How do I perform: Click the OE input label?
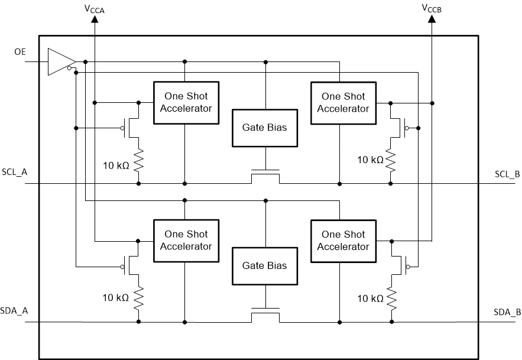point(20,53)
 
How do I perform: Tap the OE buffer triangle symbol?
point(60,61)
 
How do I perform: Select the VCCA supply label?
point(95,9)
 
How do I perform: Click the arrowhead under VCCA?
point(95,20)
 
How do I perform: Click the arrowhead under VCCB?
point(432,20)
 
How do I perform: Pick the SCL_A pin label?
point(15,171)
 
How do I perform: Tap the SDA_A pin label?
point(15,311)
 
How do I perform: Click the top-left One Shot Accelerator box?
point(186,102)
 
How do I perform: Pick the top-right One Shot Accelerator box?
point(343,102)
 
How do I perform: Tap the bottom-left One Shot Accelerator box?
point(186,241)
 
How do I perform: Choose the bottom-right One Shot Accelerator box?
point(343,241)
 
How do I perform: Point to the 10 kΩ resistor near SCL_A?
point(139,160)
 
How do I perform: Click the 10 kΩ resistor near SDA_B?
point(391,297)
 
